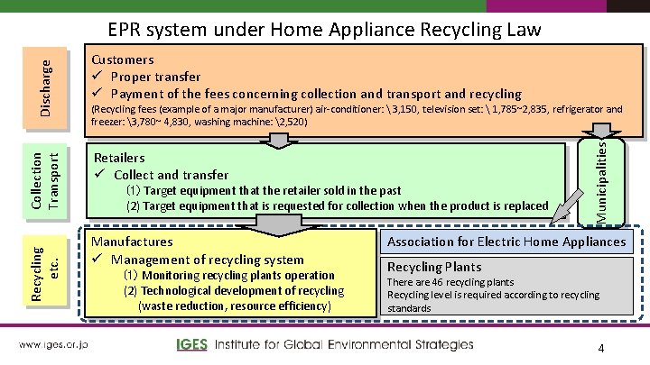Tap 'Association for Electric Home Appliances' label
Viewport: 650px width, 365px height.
(506, 242)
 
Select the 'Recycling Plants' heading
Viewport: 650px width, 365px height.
(434, 267)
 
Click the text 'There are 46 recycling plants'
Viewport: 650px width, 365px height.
(450, 282)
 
